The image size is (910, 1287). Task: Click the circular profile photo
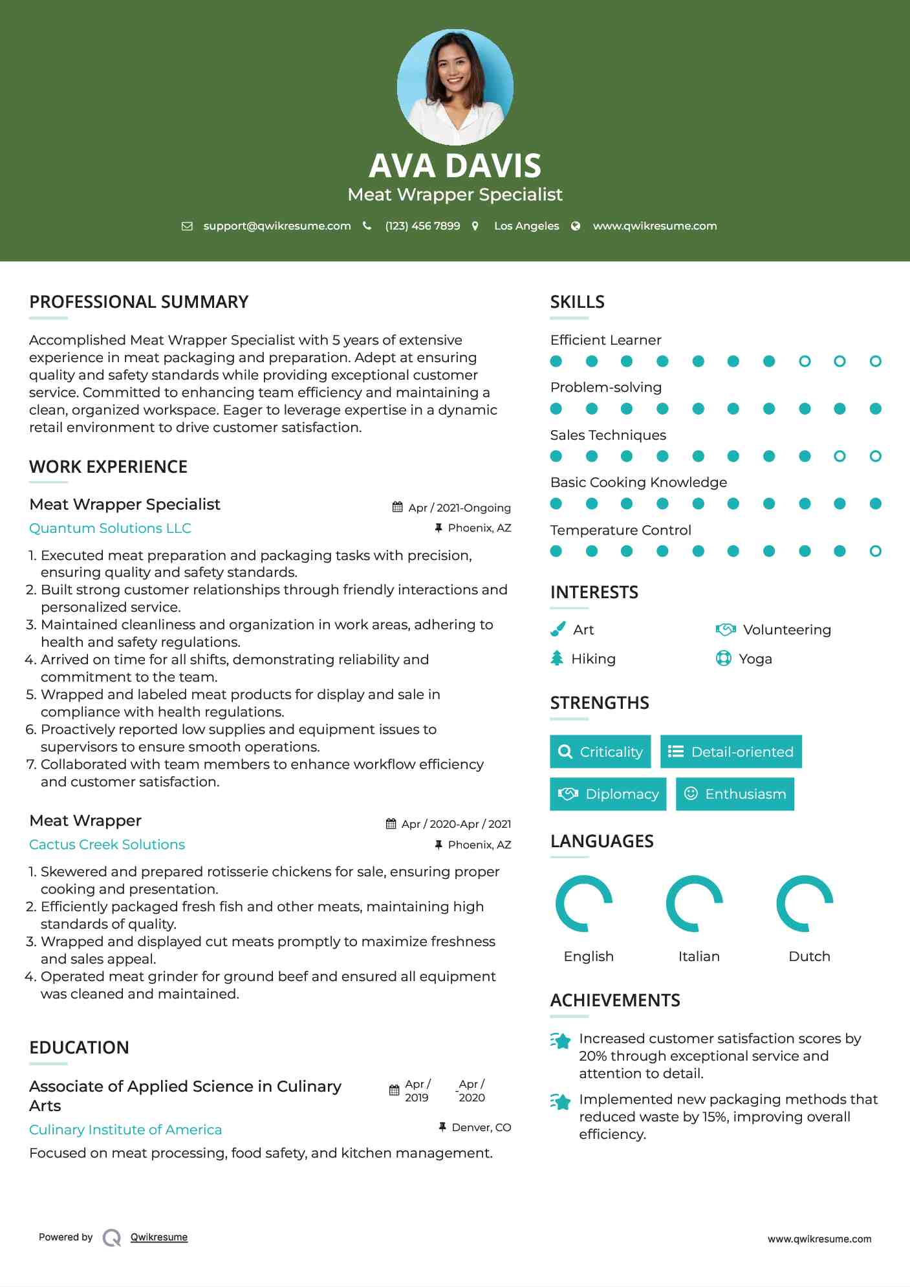(455, 87)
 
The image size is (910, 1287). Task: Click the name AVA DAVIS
(455, 166)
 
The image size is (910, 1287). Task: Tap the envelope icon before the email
(187, 226)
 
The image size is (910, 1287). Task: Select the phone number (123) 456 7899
(422, 226)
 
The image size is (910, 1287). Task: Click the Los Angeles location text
(526, 226)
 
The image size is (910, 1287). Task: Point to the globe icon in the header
(576, 226)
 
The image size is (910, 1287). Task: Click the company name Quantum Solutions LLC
(110, 528)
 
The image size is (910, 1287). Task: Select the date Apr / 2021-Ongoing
(459, 508)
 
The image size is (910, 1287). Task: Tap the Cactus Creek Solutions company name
(107, 845)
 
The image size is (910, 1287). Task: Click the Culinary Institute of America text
(125, 1130)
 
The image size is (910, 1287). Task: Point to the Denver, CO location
(481, 1127)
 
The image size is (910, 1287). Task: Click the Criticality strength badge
(600, 752)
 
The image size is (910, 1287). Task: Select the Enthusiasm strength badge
(735, 794)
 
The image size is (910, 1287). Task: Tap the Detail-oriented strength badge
(731, 752)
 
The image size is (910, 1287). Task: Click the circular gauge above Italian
(695, 903)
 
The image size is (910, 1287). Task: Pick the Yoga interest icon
(723, 658)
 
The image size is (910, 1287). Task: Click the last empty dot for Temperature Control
(875, 551)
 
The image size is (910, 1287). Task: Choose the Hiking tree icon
(557, 658)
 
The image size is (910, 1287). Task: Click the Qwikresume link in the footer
(159, 1237)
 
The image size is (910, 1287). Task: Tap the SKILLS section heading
(577, 302)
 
